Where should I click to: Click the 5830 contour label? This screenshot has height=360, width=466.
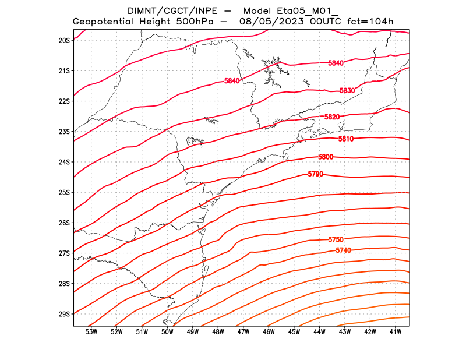coord(347,91)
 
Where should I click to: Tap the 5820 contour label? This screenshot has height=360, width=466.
coord(332,117)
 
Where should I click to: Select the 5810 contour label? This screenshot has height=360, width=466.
coord(346,139)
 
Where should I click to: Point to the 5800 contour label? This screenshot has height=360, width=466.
coord(326,157)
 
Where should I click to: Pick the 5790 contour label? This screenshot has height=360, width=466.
coord(315,174)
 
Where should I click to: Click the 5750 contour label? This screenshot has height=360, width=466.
coord(336,240)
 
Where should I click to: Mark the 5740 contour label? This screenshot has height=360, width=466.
coord(344,250)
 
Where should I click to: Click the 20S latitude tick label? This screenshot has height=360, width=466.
coord(64,40)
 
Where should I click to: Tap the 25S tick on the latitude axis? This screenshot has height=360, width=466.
coord(64,192)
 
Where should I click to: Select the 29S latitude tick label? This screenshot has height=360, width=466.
coord(64,314)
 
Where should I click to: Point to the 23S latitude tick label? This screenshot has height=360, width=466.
coord(64,132)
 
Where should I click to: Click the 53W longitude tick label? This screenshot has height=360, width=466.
coord(91,332)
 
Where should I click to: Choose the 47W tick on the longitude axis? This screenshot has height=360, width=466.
coord(243,332)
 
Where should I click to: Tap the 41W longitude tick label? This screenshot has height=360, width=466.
coord(396,332)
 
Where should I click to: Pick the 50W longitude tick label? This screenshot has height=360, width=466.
coord(167,332)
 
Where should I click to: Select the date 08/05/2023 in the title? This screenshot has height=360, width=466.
coord(270,22)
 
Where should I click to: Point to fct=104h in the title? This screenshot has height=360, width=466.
coord(370,22)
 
